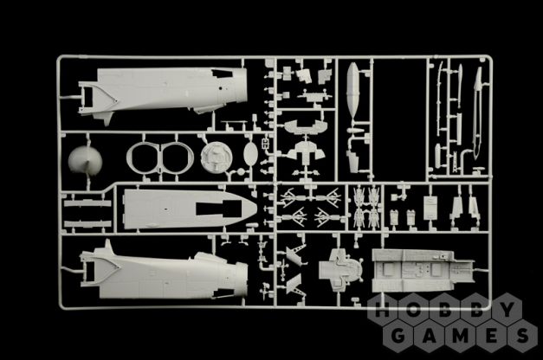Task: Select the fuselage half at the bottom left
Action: coord(164,273)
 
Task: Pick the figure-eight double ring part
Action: coord(160,157)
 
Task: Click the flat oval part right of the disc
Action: coord(250,153)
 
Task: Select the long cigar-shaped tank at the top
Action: coord(352,90)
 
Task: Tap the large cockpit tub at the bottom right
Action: coord(423,271)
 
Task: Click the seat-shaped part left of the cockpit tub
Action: coord(340,268)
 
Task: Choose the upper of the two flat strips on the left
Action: coord(87,203)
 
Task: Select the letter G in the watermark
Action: coord(398,336)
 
